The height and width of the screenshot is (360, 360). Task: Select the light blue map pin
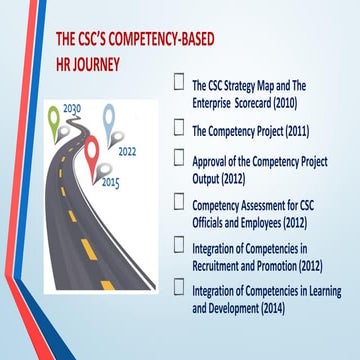click(x=108, y=118)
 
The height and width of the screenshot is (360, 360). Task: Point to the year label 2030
click(x=72, y=107)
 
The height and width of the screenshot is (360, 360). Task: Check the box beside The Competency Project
click(x=179, y=128)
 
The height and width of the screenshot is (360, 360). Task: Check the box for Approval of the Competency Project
click(x=179, y=158)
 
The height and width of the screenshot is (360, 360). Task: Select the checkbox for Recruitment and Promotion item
click(x=179, y=248)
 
